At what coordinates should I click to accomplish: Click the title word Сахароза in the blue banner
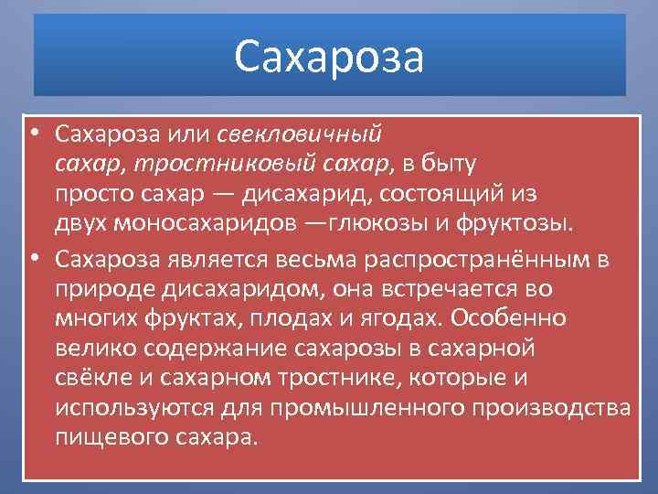pos(329,56)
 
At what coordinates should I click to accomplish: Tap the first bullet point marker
pos(33,134)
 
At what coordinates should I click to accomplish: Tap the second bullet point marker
pos(33,258)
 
